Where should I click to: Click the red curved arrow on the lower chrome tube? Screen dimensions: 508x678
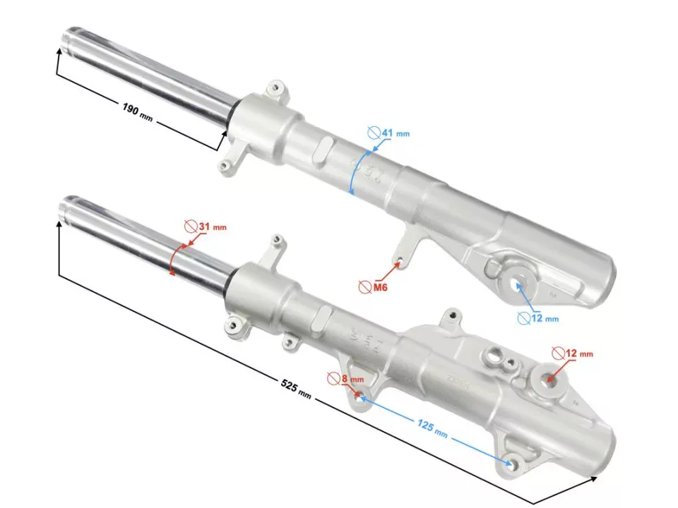pos(175,260)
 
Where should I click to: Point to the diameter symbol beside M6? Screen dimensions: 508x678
pos(364,287)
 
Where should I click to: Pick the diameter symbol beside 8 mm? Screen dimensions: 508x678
pos(334,379)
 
